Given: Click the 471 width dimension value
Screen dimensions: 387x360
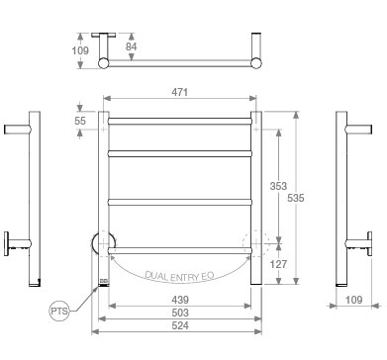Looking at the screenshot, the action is (180, 92).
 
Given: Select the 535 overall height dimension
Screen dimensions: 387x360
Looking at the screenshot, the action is (296, 198).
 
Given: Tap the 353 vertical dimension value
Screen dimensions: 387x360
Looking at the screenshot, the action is (278, 186).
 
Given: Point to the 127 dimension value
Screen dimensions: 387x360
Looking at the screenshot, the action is (278, 264).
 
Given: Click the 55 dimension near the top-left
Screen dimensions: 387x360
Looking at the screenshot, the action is (80, 121).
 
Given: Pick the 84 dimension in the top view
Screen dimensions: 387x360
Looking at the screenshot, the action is (131, 46).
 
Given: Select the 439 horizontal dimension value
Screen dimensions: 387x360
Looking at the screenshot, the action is (180, 300).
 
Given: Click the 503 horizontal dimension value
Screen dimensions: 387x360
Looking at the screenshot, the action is (180, 313).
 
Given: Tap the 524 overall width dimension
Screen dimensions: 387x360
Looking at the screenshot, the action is (180, 325).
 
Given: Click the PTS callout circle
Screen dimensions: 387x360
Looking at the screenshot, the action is (59, 311).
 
